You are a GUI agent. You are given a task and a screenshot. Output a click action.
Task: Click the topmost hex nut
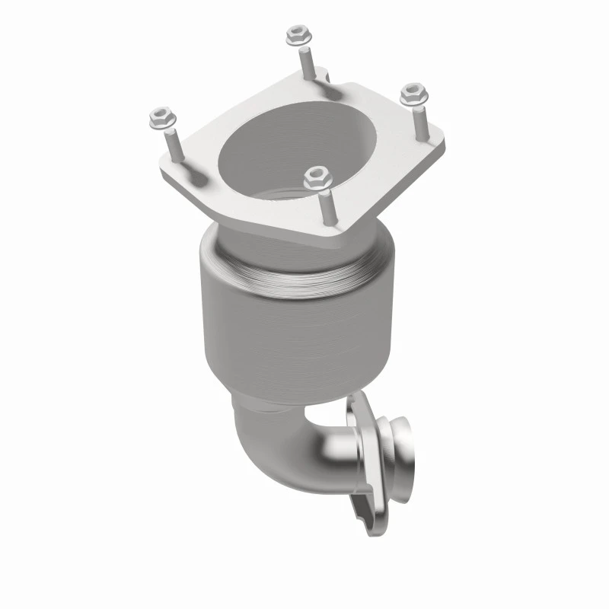(295, 35)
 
